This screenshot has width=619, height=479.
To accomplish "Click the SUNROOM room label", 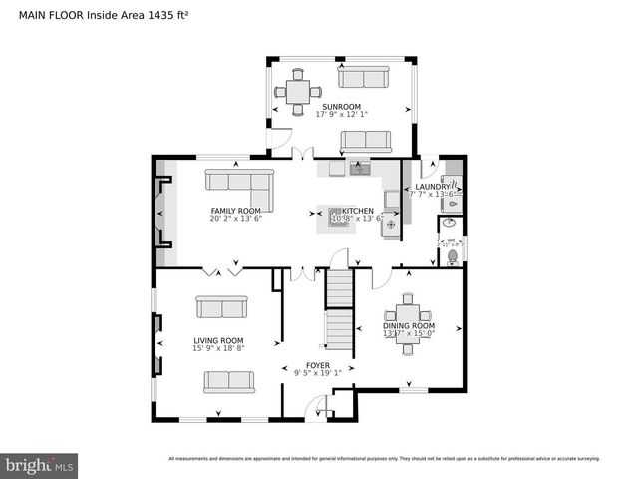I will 341,106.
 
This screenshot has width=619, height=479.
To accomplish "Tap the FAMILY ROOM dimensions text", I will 235,219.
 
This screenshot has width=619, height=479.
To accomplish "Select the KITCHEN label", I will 358,211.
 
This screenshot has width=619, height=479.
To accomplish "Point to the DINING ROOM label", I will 409,326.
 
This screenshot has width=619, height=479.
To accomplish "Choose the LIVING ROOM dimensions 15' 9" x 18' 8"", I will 218,349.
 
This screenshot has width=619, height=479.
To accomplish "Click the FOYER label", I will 317,365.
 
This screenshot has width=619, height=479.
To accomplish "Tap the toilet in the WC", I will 453,256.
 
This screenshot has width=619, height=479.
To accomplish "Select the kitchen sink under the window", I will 359,169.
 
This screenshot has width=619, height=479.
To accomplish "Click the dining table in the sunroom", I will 297,91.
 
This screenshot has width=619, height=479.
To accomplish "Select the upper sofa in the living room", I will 220,307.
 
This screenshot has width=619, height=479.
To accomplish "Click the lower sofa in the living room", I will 228,381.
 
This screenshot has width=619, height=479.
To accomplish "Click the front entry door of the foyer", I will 319,409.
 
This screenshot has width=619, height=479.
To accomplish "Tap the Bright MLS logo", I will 39,465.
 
